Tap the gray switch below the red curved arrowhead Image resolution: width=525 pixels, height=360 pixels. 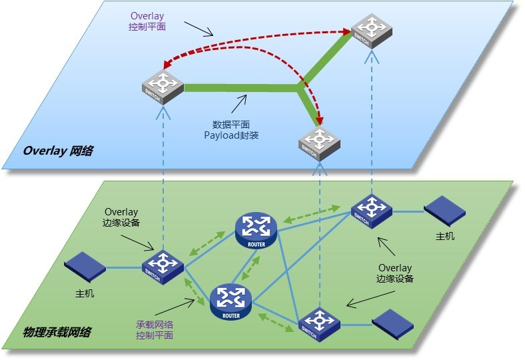click(319, 141)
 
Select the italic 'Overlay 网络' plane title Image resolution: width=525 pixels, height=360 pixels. click(58, 151)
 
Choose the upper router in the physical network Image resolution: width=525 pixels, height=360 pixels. click(256, 229)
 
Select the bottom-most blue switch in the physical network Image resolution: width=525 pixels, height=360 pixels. click(318, 324)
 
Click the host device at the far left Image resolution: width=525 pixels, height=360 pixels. click(85, 266)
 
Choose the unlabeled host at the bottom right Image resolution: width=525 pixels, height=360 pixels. click(393, 324)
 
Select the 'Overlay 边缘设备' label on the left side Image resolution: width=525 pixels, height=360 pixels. click(120, 219)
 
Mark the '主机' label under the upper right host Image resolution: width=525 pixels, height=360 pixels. click(445, 236)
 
